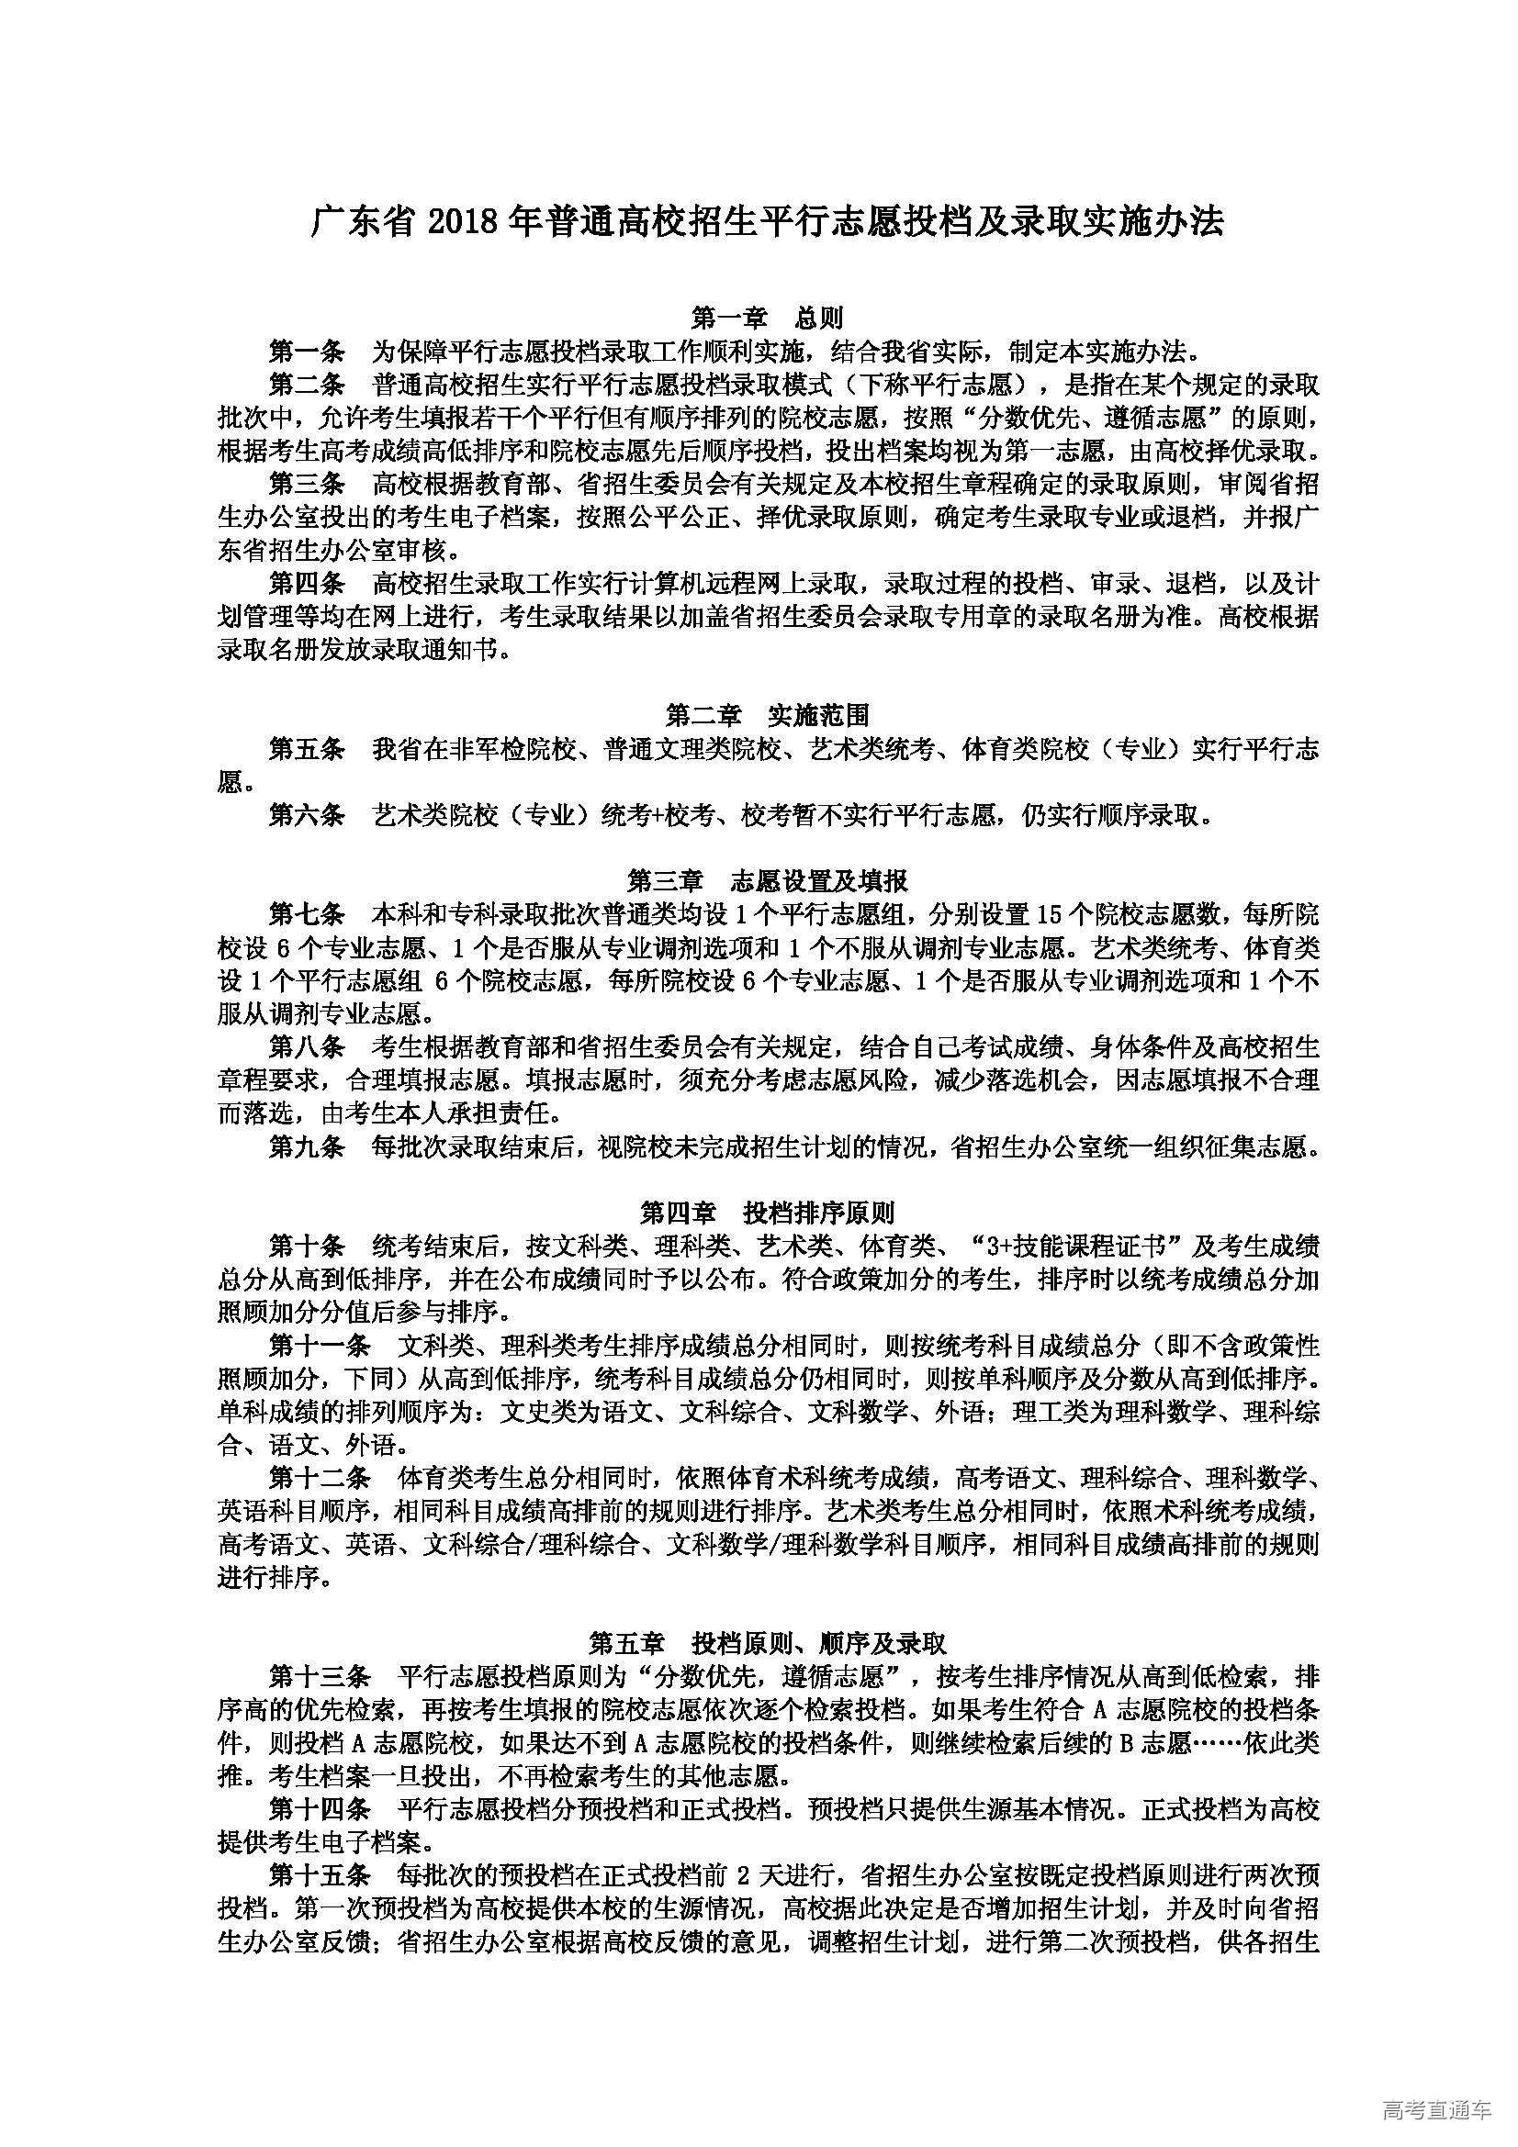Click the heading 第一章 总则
click(x=767, y=319)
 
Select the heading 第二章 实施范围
click(x=767, y=716)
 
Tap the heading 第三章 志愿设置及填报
click(x=767, y=881)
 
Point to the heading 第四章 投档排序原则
click(x=767, y=1213)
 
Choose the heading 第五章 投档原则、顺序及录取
click(x=767, y=1643)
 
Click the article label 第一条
click(x=307, y=352)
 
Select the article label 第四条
click(x=307, y=585)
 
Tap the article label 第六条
click(x=307, y=815)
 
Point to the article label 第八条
click(x=307, y=1047)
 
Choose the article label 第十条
click(x=307, y=1247)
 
